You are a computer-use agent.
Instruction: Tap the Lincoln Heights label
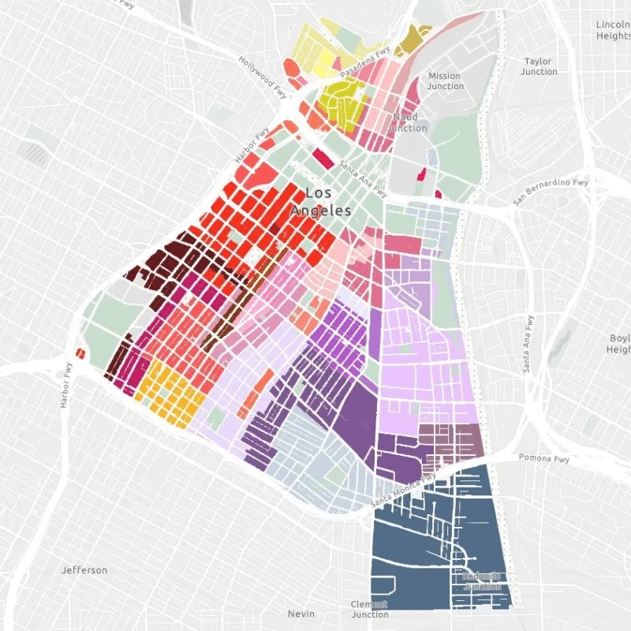point(613,30)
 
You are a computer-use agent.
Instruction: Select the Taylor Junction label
point(539,66)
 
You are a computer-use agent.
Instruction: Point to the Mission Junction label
point(445,81)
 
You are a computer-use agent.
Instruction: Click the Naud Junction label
point(407,122)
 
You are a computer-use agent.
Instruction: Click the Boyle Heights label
point(618,344)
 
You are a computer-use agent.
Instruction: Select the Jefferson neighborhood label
point(84,570)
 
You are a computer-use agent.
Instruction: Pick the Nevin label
point(301,614)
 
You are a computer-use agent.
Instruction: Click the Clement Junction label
point(369,609)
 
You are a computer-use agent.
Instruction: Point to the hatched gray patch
point(35,152)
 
